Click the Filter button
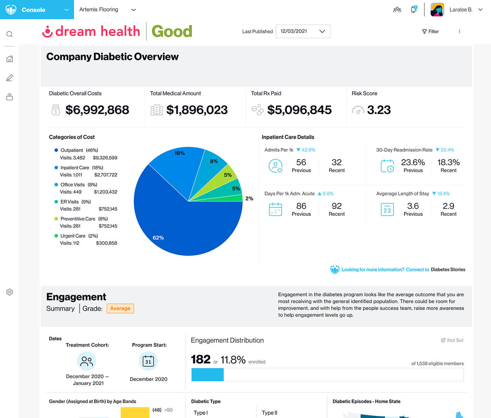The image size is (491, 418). [430, 32]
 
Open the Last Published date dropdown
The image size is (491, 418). [303, 31]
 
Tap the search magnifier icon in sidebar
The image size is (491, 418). [9, 34]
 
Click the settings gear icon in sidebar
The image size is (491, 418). [9, 292]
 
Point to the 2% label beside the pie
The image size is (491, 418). [249, 199]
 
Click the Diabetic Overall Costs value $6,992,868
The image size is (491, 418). [97, 110]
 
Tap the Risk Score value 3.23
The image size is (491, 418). [379, 110]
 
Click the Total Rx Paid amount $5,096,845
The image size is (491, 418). [299, 110]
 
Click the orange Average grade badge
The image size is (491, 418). [120, 308]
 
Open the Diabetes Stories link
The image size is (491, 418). [448, 270]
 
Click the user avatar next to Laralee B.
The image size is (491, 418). [437, 9]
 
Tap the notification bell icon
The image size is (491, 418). [414, 9]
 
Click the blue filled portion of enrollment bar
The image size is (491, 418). [207, 374]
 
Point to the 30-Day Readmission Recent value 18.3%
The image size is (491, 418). [448, 162]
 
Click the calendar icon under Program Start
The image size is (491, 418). [148, 361]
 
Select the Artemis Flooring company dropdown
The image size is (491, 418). [107, 9]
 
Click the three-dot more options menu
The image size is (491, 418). [459, 32]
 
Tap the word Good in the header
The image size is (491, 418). [172, 32]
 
